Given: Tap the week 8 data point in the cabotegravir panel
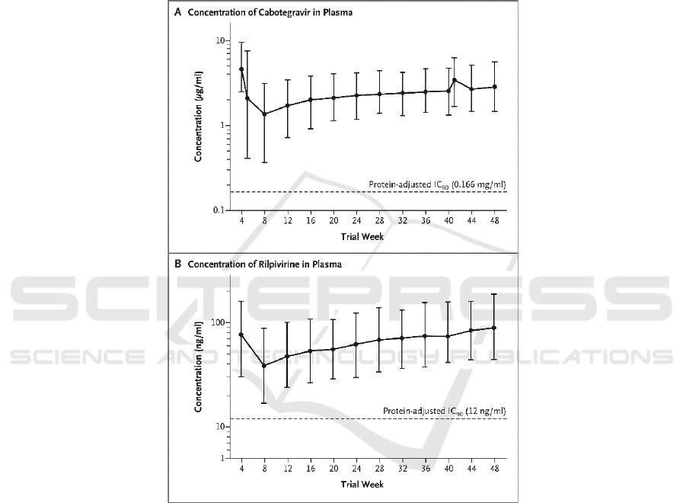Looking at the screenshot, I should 264,114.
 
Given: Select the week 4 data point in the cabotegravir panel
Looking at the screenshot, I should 241,69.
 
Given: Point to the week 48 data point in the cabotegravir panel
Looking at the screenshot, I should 494,87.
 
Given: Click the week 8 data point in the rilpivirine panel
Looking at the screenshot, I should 264,366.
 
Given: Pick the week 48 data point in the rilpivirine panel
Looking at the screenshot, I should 494,328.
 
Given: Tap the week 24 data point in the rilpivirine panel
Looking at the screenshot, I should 356,344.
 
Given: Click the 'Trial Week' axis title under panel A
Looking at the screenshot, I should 367,237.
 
